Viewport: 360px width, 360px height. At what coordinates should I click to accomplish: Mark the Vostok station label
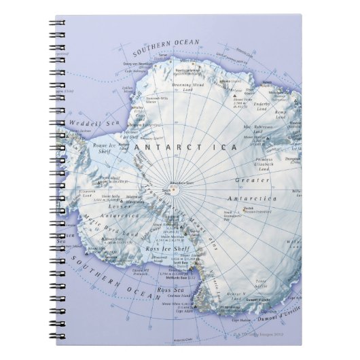[249, 209]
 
